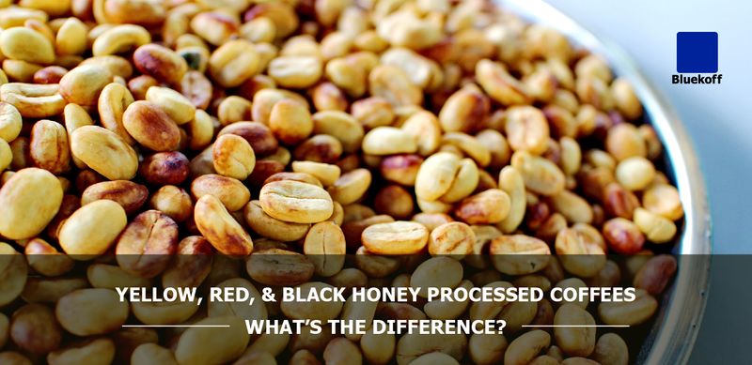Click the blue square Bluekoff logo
[x=697, y=52]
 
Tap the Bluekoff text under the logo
[x=697, y=80]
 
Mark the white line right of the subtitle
[x=562, y=327]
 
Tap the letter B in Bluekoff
[x=676, y=80]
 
